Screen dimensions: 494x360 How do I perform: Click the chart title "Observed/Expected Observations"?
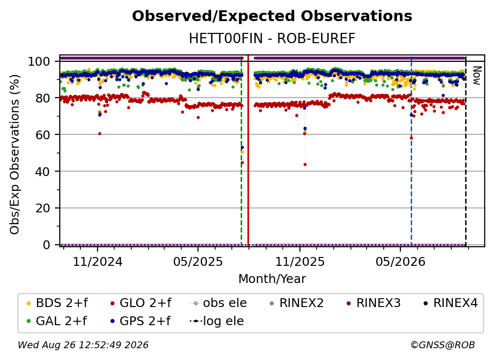coord(272,16)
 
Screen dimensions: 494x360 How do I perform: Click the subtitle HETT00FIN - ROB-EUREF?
coord(272,38)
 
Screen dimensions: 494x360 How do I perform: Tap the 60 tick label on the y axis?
coord(43,134)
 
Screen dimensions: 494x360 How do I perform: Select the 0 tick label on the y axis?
coord(47,245)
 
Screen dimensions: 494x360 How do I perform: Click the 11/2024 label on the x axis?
coord(98,261)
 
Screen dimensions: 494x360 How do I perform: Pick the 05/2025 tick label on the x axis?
coord(198,261)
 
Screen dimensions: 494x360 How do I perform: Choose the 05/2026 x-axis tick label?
coord(400,261)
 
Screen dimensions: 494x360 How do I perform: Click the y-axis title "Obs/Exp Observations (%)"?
coord(15,154)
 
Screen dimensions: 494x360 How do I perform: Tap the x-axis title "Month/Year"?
coord(272,279)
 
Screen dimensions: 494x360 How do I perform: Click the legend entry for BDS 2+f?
coord(57,303)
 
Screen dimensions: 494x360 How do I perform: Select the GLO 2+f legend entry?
coord(141,303)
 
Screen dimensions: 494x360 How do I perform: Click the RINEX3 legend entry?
coord(373,303)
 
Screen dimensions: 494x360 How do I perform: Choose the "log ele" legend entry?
coord(217,321)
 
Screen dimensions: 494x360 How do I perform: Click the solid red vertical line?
coord(248,150)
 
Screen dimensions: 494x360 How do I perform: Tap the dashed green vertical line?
coord(241,150)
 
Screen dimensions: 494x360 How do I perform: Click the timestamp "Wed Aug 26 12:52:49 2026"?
coord(83,345)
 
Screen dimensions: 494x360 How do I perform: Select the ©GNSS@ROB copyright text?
coord(443,345)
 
